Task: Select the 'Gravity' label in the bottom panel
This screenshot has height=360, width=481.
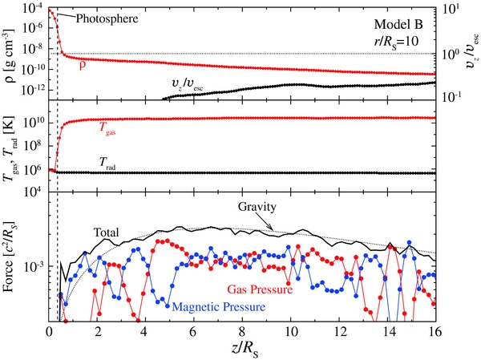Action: [x=255, y=206]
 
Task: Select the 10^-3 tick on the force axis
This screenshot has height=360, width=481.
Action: [x=35, y=266]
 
